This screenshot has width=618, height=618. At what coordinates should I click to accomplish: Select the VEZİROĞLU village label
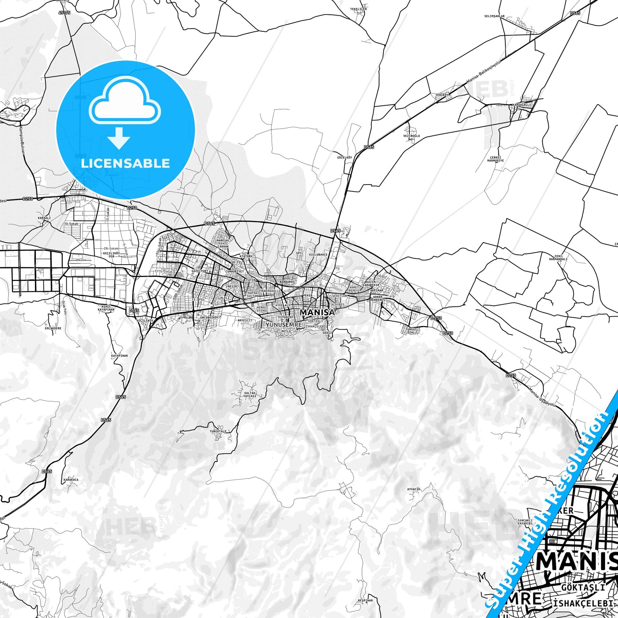(411, 136)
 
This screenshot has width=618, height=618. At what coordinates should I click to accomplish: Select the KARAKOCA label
(71, 480)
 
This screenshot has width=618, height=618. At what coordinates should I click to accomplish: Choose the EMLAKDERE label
(52, 328)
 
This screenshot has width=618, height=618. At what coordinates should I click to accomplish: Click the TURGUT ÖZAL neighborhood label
(411, 331)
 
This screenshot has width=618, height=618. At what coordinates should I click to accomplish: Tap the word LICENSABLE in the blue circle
(125, 163)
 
